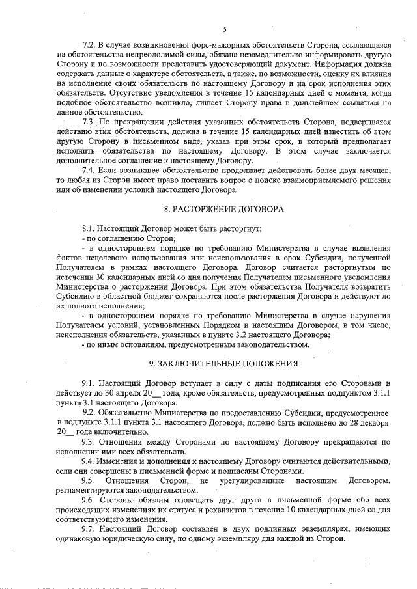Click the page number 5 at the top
(224, 29)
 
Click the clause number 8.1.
(89, 230)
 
